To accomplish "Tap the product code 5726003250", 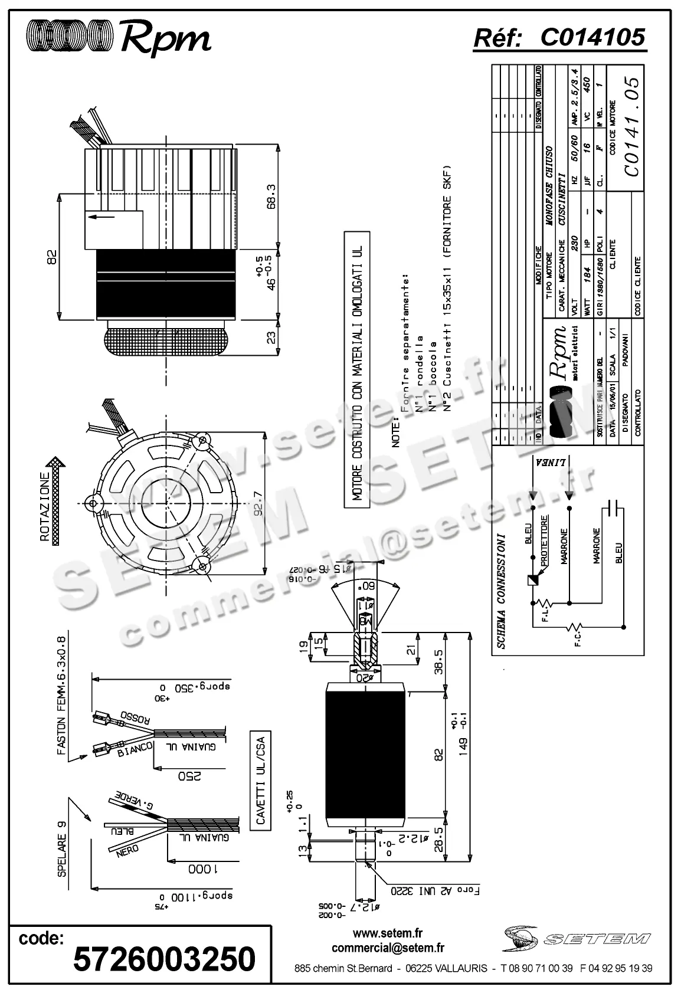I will click(x=164, y=958).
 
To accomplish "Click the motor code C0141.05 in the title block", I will click(x=631, y=126).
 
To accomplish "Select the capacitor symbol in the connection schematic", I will click(x=614, y=507).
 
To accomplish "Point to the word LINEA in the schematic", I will click(x=551, y=463).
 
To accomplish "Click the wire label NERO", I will click(x=127, y=850).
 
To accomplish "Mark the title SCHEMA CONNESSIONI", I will click(x=501, y=592).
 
